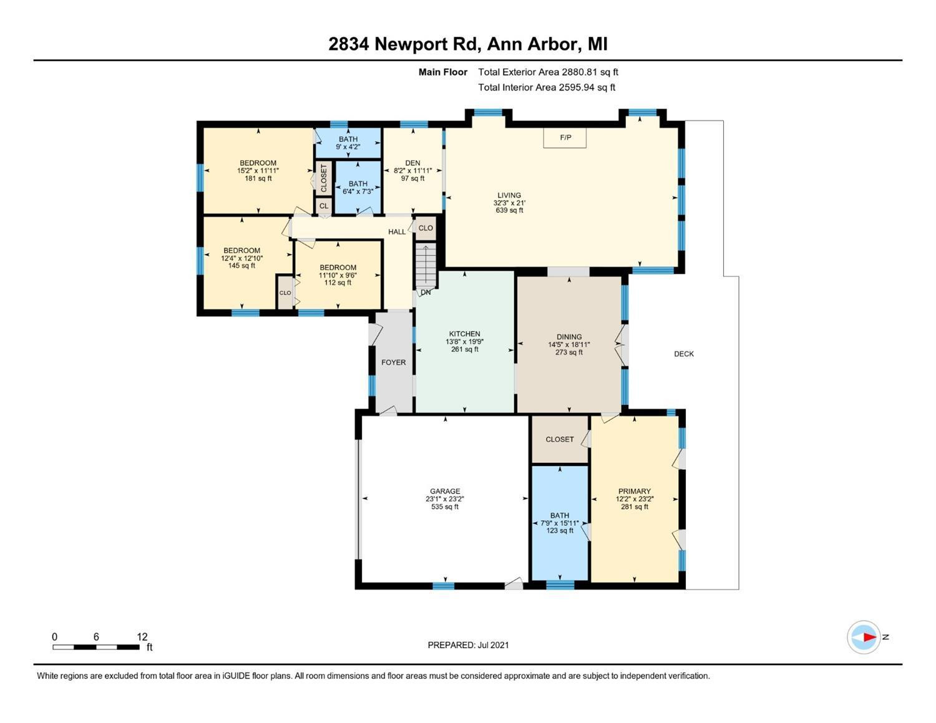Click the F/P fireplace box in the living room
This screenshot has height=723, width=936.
point(565,138)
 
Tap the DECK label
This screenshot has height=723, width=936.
point(683,354)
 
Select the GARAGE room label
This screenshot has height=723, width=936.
point(445,491)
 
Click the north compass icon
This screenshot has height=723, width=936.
point(863,638)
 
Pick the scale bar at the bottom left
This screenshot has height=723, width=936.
point(95,647)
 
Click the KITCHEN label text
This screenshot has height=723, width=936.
point(464,334)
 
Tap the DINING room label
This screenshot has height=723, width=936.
point(569,337)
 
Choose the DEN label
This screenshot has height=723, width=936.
point(412,163)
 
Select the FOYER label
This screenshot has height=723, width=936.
point(393,362)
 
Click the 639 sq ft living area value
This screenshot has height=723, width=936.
point(509,210)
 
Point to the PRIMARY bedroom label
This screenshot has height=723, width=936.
point(634,491)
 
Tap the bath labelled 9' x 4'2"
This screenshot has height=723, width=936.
point(348,143)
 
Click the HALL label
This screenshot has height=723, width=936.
point(397,231)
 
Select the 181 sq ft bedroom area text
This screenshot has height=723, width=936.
point(258,178)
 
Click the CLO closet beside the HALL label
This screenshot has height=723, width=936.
point(426,228)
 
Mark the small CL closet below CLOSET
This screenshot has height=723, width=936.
point(324,206)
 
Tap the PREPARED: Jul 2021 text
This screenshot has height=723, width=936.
point(468,645)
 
